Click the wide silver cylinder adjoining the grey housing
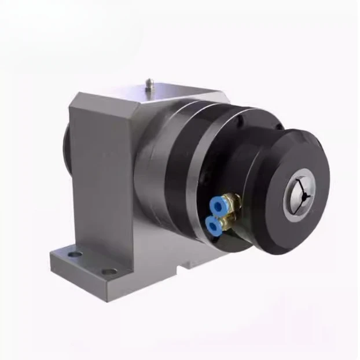(x=152, y=174)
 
